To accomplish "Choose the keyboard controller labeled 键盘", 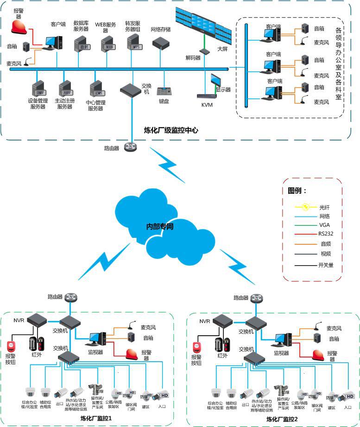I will point(164,90).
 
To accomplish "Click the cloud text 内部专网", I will point(159,227).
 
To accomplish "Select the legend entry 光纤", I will point(323,207).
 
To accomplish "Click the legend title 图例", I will point(297,191).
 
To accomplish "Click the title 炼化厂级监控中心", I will point(171,130).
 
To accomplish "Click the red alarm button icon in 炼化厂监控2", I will point(197,347).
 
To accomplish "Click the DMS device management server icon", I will point(37,89).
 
